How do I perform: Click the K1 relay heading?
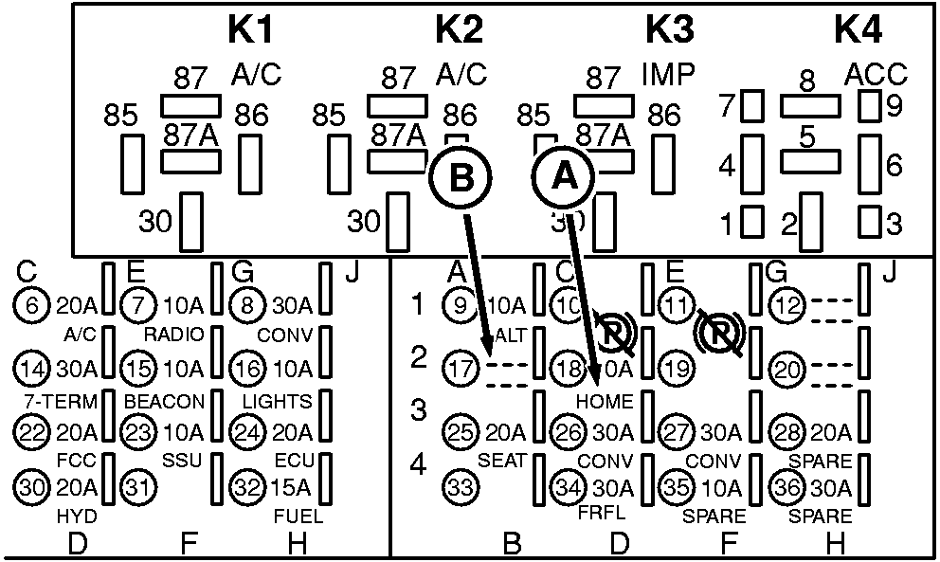[252, 29]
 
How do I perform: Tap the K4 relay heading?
[859, 29]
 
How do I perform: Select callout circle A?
[562, 175]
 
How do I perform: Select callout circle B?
[460, 177]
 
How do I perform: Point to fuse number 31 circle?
[138, 488]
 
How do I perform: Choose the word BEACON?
[164, 402]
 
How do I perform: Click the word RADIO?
[169, 335]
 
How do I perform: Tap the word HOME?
[604, 401]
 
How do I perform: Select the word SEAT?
[501, 461]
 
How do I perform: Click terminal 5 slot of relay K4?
[810, 161]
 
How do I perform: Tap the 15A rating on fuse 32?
[289, 489]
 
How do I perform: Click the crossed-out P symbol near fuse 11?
[716, 332]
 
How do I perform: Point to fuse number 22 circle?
[30, 431]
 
